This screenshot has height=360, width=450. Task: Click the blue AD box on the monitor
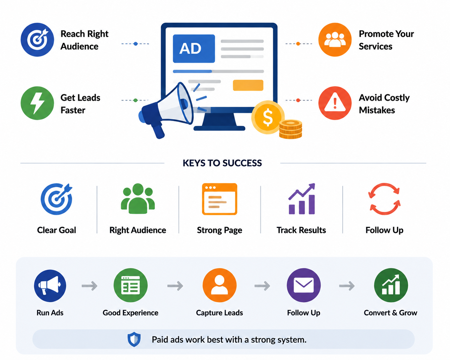[194, 48]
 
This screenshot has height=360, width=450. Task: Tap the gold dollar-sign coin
[268, 117]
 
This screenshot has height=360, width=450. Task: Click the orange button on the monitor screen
[248, 85]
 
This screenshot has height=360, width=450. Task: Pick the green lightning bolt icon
[37, 103]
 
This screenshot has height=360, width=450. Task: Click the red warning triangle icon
[335, 103]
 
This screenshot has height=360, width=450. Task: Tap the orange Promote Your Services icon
[335, 39]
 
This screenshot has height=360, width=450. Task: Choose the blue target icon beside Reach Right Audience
[37, 39]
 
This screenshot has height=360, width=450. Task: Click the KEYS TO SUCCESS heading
[222, 163]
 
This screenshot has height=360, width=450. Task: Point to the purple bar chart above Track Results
[301, 199]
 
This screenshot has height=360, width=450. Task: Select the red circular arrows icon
[384, 199]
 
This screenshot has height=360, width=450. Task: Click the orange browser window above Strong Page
[220, 199]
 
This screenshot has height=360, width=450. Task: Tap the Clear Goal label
[56, 230]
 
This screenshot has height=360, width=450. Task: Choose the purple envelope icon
[304, 285]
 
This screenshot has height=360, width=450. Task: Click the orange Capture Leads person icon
[220, 285]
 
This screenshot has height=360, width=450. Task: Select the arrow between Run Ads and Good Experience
[90, 286]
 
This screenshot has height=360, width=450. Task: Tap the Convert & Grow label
[390, 313]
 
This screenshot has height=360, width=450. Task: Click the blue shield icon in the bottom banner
[134, 339]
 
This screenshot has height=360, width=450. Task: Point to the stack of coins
[290, 129]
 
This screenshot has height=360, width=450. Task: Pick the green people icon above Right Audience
[138, 199]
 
